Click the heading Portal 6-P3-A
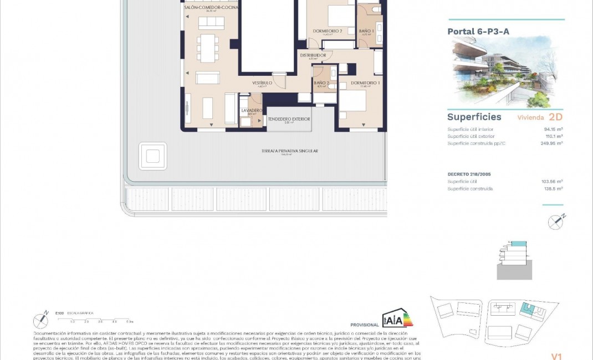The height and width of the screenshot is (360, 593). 478,32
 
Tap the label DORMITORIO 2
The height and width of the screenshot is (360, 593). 327,31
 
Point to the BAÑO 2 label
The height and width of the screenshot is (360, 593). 321,84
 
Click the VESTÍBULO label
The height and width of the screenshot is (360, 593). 263,83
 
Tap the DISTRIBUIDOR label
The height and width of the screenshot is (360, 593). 313,55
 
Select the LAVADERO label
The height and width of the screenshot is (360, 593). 252,110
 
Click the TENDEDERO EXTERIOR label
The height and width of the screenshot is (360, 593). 289,119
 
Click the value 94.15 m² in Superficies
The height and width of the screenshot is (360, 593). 553,129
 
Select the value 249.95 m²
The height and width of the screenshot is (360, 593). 552,143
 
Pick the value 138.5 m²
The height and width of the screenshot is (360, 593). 554,189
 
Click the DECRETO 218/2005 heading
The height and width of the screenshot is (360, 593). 469,174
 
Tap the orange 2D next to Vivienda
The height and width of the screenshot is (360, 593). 555,117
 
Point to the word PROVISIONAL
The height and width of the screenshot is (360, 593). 364,325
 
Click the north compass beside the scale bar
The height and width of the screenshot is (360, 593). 40,321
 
